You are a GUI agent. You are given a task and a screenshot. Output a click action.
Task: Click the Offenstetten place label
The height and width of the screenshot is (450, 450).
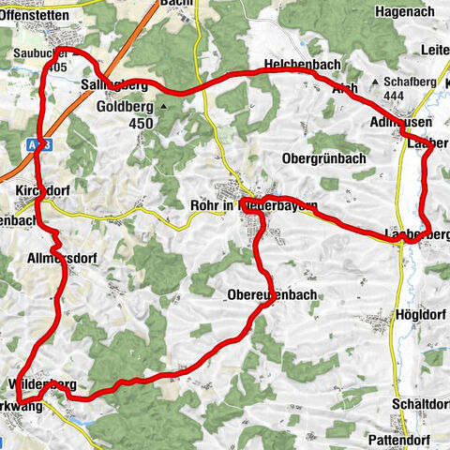point(37,16)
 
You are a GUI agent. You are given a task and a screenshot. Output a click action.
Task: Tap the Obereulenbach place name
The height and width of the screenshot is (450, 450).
point(272,295)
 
